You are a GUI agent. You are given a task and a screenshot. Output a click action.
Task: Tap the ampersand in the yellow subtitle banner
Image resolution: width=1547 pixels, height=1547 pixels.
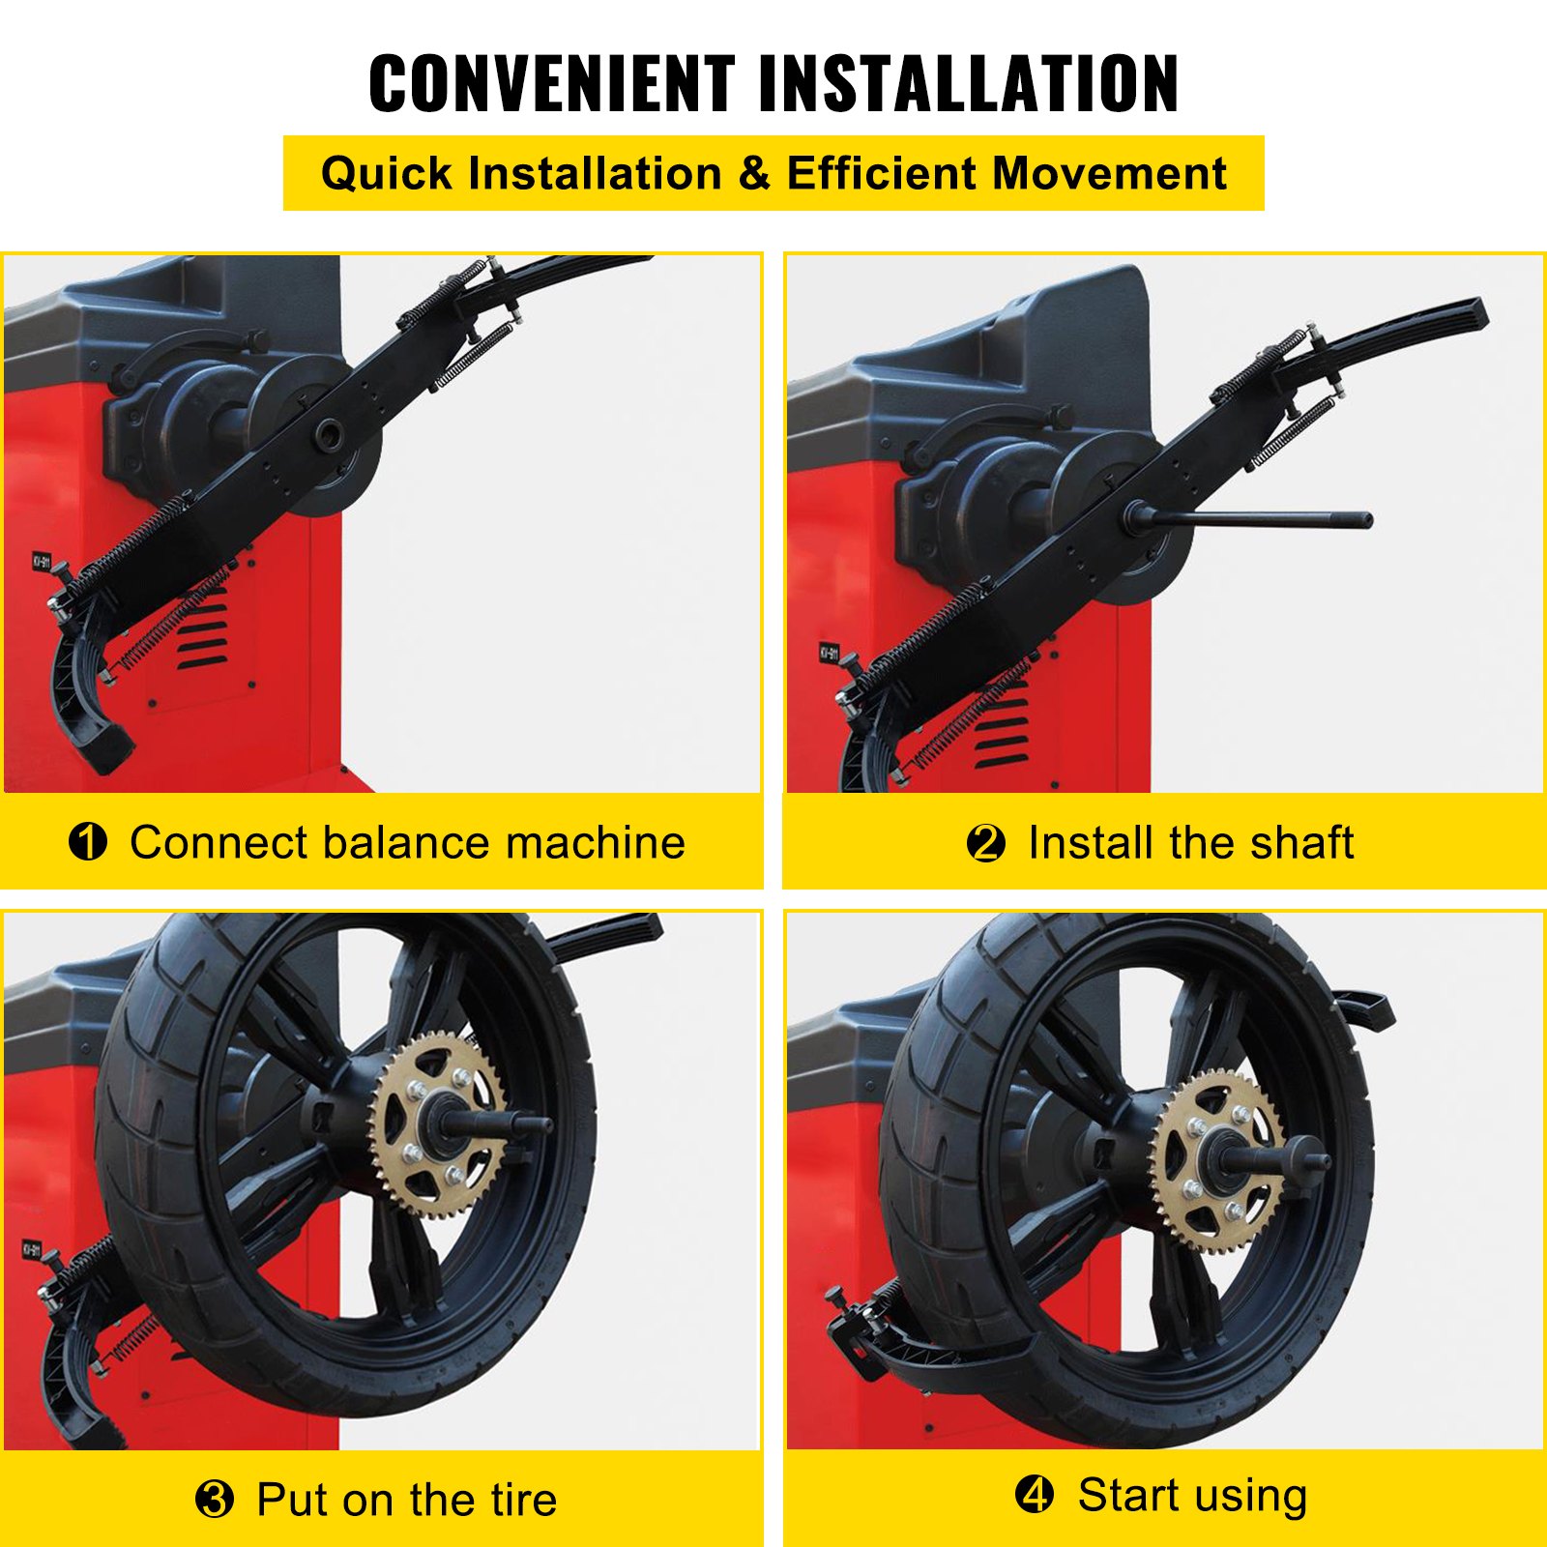[753, 174]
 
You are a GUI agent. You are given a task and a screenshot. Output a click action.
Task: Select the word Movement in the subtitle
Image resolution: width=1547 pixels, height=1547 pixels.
[1109, 174]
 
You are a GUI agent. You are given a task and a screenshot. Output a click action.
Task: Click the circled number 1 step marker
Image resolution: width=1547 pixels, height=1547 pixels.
[88, 842]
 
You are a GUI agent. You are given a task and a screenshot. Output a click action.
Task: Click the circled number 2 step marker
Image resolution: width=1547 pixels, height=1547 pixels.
[985, 843]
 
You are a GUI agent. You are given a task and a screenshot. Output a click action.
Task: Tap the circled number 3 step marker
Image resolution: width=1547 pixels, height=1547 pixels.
[214, 1500]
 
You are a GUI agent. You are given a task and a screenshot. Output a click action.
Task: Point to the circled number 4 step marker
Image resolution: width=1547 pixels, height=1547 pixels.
[1034, 1495]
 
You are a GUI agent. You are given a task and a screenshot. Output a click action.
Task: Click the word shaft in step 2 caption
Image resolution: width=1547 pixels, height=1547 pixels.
[1301, 842]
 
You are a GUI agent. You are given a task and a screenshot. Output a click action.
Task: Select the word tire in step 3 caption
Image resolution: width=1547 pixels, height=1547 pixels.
[523, 1500]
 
